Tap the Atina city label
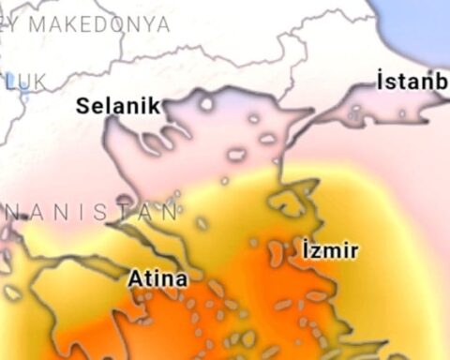point(157,278)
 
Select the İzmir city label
point(330,250)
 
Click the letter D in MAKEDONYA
point(100,25)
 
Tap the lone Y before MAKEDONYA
point(10,25)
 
